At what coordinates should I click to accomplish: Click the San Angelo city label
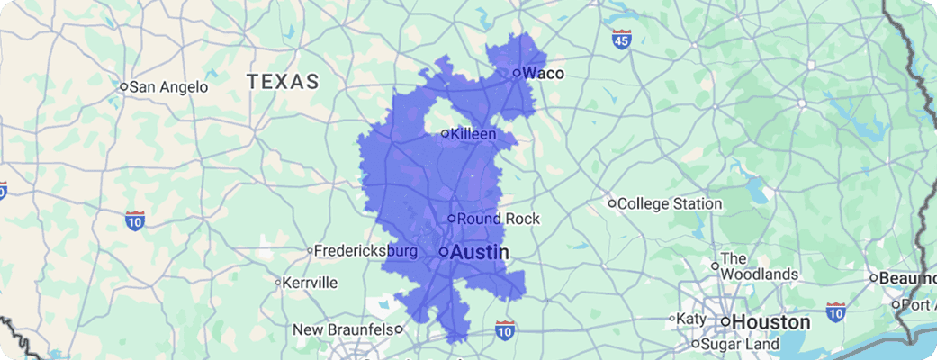pyautogui.click(x=169, y=87)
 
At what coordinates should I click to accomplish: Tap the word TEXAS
pyautogui.click(x=283, y=82)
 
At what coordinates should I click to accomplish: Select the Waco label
pyautogui.click(x=543, y=74)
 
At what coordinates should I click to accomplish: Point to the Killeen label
pyautogui.click(x=473, y=134)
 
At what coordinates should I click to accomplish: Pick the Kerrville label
pyautogui.click(x=310, y=282)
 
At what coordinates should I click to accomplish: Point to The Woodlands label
pyautogui.click(x=760, y=265)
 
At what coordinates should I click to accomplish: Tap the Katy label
pyautogui.click(x=692, y=319)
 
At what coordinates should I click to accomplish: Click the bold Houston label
pyautogui.click(x=770, y=321)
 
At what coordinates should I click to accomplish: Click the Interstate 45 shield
pyautogui.click(x=621, y=39)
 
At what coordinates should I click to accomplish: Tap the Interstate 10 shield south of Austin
pyautogui.click(x=505, y=331)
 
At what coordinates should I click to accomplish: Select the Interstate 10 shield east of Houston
pyautogui.click(x=835, y=312)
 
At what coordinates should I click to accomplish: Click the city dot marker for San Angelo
pyautogui.click(x=124, y=87)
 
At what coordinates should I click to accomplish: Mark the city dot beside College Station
pyautogui.click(x=611, y=203)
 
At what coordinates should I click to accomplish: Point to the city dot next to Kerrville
pyautogui.click(x=277, y=282)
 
